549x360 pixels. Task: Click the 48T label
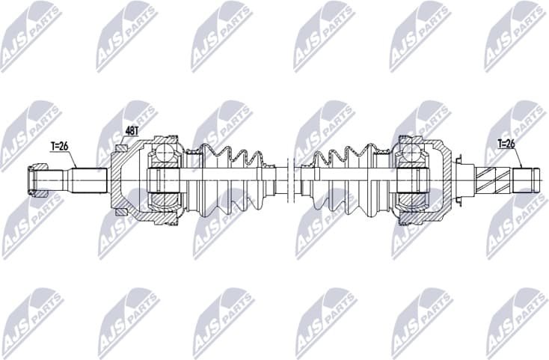[132, 130]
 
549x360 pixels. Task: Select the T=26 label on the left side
[60, 146]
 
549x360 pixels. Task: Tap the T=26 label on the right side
[506, 143]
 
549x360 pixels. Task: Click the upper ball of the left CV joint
[165, 155]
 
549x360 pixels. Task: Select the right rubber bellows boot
[337, 180]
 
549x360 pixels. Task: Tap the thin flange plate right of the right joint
[461, 180]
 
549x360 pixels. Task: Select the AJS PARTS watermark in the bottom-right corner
[516, 323]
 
